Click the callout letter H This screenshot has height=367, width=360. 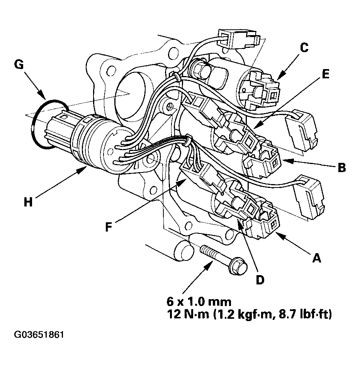click(x=28, y=201)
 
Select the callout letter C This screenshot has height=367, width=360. click(x=304, y=48)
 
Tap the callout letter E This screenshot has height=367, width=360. click(x=325, y=74)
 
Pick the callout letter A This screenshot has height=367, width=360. click(x=316, y=258)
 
